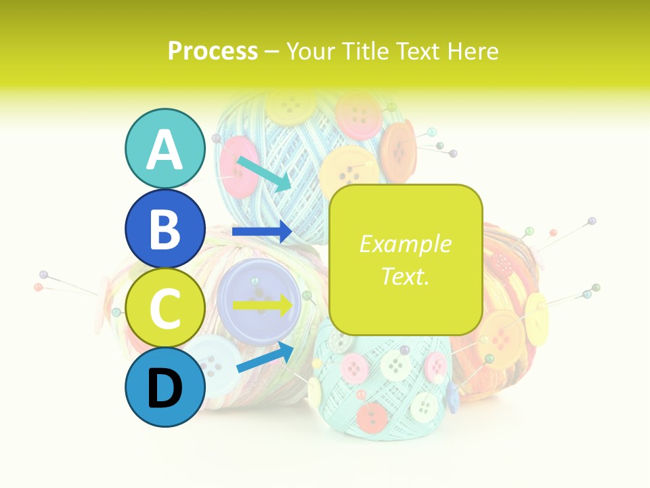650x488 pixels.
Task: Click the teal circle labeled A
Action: tap(165, 149)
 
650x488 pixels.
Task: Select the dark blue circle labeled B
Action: tap(165, 228)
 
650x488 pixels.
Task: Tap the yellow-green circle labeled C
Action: tap(165, 308)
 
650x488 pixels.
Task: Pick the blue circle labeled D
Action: tap(165, 387)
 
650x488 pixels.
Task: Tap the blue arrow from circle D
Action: tap(265, 357)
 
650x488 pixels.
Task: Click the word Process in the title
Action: tap(213, 51)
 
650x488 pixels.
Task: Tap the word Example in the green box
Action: tap(406, 244)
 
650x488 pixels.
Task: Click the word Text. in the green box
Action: tap(406, 276)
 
